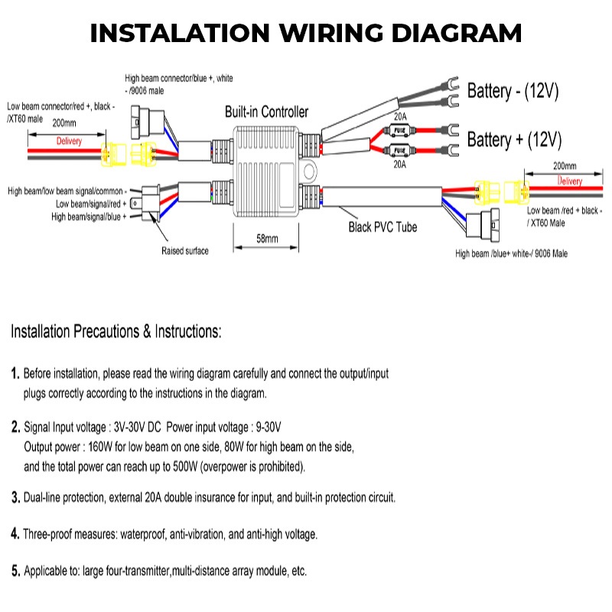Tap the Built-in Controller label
click(266, 112)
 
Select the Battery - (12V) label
click(513, 92)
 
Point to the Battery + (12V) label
click(514, 140)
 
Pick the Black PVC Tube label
click(383, 227)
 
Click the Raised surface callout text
click(185, 250)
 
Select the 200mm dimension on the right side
click(564, 166)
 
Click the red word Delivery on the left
click(69, 142)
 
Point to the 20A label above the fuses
click(399, 116)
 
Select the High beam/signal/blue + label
click(89, 217)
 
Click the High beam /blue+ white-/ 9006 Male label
click(511, 254)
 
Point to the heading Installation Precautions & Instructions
click(116, 332)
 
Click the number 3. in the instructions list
click(15, 498)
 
